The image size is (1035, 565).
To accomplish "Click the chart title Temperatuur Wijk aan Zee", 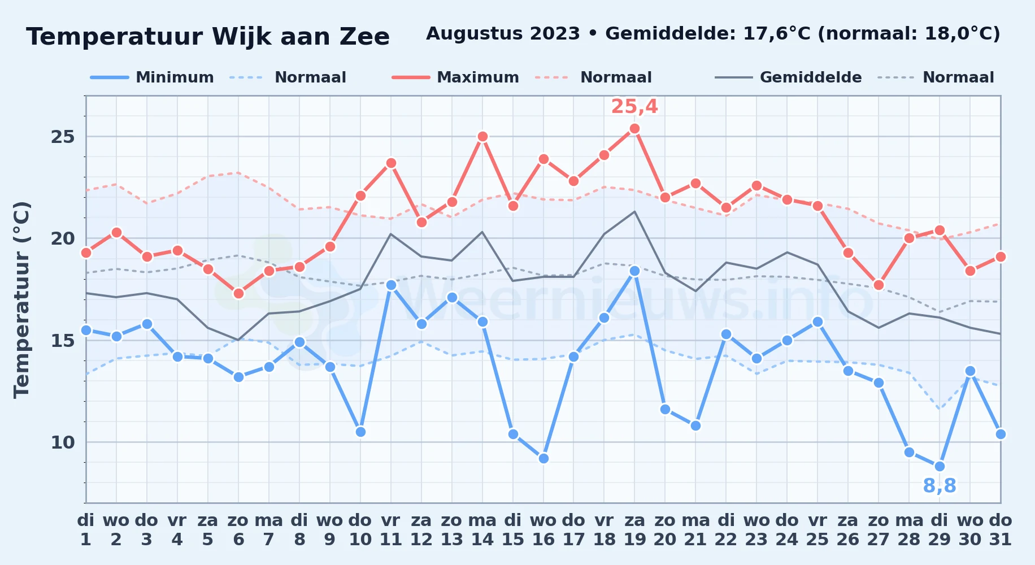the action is (208, 37).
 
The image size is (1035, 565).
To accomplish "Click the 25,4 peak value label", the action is (634, 106).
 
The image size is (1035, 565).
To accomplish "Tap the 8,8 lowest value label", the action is (940, 485).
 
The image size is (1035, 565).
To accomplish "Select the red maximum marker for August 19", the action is (634, 129).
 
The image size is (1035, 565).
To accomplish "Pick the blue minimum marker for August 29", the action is (940, 466).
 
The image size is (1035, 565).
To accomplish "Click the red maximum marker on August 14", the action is (482, 137).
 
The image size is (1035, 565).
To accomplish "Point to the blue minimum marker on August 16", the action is (543, 458).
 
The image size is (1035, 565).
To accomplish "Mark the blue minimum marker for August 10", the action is (360, 432).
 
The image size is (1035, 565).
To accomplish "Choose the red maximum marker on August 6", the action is (238, 293).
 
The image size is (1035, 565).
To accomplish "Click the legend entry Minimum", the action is (153, 77).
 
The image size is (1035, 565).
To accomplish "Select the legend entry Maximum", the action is (456, 77).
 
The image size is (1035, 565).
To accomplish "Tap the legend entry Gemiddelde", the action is (789, 77).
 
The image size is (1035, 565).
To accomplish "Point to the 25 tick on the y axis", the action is (63, 137).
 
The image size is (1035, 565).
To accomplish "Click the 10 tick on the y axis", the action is (63, 442).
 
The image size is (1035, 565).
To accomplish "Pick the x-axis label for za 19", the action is (634, 529).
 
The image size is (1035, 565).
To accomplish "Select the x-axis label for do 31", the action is (1001, 529).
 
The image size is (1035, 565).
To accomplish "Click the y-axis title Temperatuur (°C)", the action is (21, 299).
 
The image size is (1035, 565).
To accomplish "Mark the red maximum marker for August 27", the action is (879, 285).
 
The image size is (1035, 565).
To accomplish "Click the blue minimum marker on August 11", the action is (391, 285).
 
